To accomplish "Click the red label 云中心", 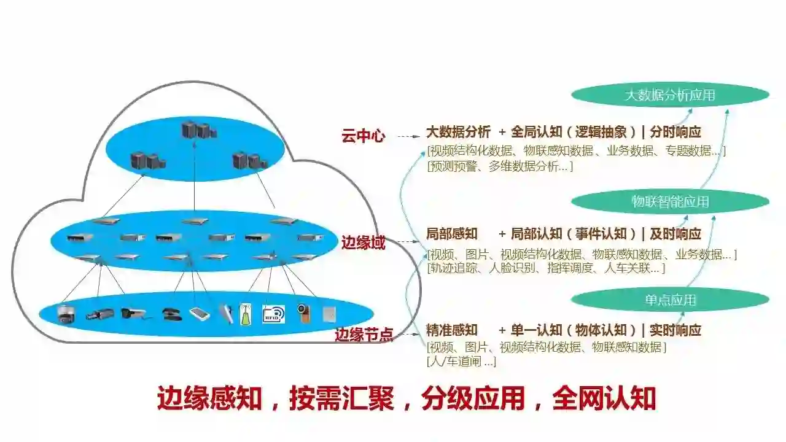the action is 363,136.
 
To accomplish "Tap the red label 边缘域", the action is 363,243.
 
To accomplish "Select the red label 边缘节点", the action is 364,335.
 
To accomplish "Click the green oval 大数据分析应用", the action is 670,95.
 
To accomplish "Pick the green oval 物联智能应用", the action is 670,201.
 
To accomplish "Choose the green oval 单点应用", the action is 670,300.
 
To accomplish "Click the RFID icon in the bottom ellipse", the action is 273,314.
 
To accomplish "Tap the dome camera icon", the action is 64,314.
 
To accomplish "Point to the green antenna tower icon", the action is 246,314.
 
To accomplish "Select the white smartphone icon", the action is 200,314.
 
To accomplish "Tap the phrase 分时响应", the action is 675,132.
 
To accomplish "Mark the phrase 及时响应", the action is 675,234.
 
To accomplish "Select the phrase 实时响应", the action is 675,330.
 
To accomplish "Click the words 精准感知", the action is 452,330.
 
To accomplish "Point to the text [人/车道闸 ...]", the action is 461,362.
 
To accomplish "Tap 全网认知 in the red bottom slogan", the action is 604,399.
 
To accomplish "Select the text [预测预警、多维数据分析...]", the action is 500,166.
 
